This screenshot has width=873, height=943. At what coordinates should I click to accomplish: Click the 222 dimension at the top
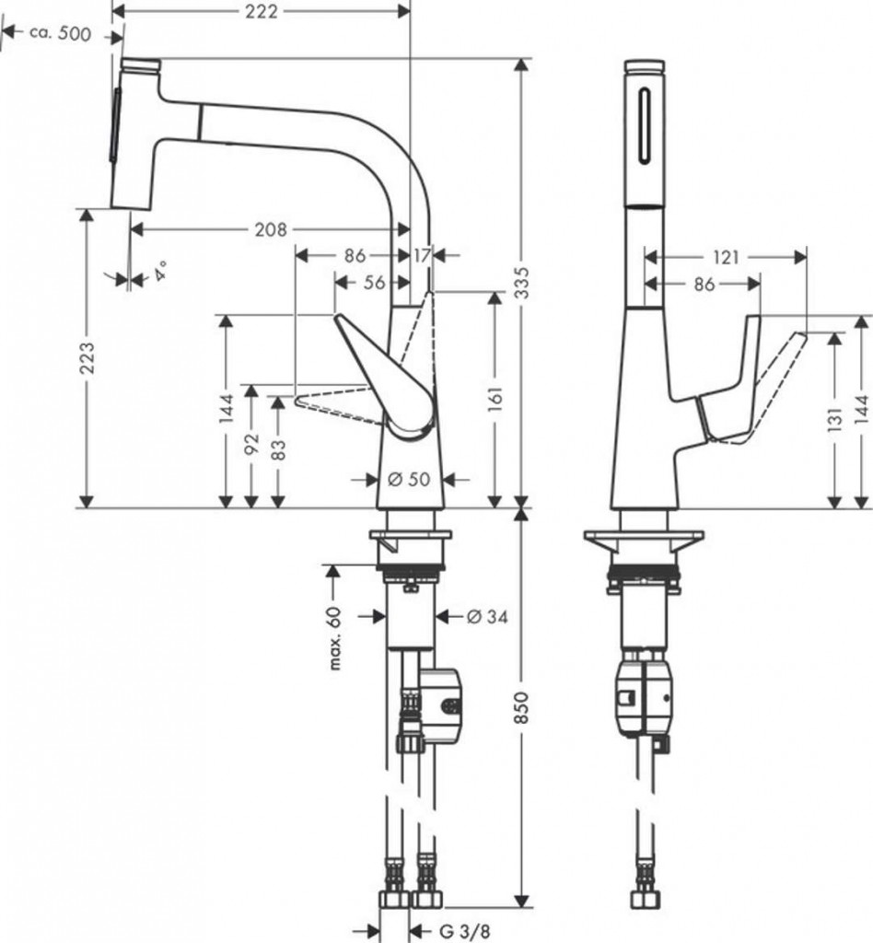tap(262, 11)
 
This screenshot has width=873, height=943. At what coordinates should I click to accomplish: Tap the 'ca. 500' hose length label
tap(60, 34)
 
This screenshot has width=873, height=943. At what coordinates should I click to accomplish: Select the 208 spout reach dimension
tap(271, 229)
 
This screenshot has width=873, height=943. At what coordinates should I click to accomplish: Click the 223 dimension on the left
tap(87, 358)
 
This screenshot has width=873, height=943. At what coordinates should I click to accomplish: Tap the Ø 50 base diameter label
tap(410, 479)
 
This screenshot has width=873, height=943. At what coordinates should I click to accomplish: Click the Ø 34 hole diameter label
tap(487, 616)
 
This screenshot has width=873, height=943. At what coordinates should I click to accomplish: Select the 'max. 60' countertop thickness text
tap(335, 638)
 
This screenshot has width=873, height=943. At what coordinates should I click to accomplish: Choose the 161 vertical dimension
tap(495, 400)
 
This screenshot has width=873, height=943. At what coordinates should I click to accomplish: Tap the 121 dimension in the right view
tap(727, 258)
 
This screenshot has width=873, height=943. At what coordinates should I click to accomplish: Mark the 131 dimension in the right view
tap(834, 420)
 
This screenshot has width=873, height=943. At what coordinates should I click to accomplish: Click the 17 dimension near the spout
tap(422, 256)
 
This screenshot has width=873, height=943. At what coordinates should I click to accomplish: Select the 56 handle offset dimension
tap(374, 282)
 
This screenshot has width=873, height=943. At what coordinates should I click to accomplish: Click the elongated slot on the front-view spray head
tap(646, 125)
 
